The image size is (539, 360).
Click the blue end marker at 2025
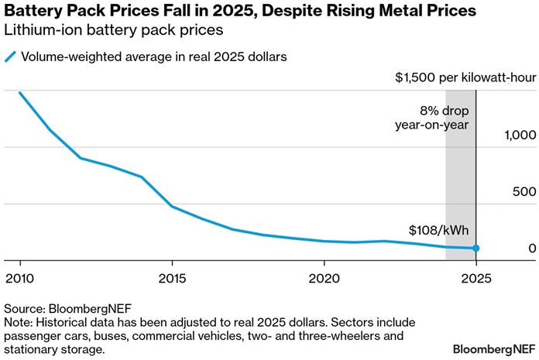476,249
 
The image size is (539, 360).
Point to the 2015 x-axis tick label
171,277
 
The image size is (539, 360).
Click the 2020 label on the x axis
323,277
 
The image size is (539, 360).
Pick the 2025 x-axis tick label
476,277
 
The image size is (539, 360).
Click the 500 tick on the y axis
524,192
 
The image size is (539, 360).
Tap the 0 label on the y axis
531,249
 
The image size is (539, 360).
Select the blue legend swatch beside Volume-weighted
10,57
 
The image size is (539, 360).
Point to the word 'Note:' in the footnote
19,321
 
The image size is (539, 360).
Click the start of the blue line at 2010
19,93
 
